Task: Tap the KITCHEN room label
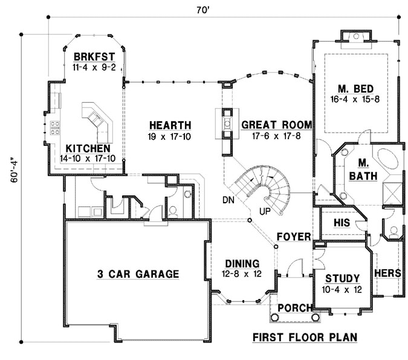point(88,148)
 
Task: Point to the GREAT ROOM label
point(276,125)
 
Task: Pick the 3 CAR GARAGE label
point(138,274)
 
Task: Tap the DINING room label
point(242,264)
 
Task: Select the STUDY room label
point(343,278)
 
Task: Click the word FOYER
point(294,235)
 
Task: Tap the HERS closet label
point(387,273)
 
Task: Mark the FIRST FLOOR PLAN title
point(304,337)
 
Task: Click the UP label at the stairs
point(264,211)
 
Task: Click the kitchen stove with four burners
point(54,128)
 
